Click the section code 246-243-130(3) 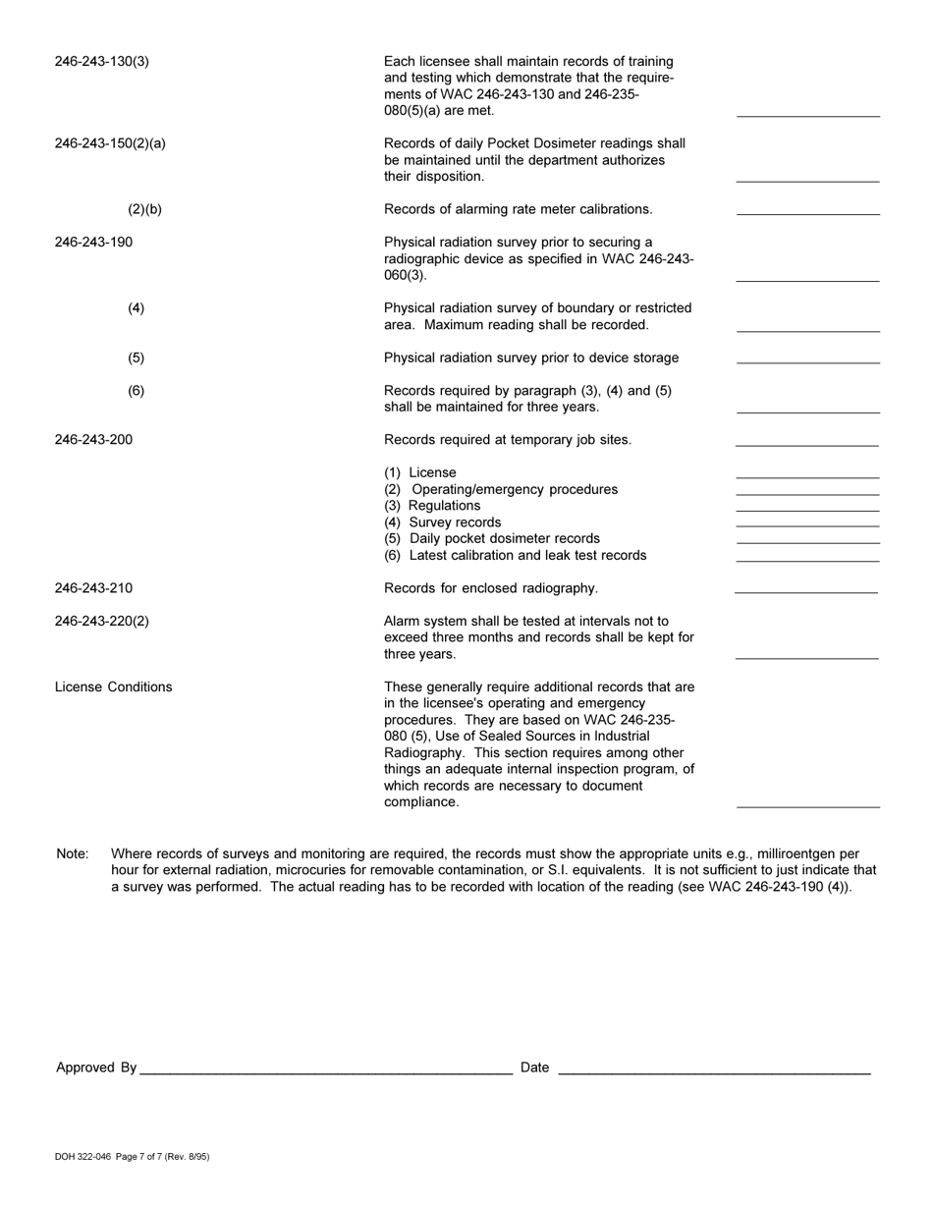pyautogui.click(x=102, y=62)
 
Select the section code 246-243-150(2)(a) pyautogui.click(x=110, y=143)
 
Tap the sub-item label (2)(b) pyautogui.click(x=144, y=209)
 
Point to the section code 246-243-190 pyautogui.click(x=93, y=242)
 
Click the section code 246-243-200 pyautogui.click(x=93, y=440)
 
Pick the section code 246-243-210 pyautogui.click(x=93, y=588)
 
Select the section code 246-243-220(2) pyautogui.click(x=102, y=621)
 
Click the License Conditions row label pyautogui.click(x=113, y=686)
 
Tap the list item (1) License pyautogui.click(x=420, y=472)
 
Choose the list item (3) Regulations pyautogui.click(x=432, y=506)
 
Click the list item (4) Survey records pyautogui.click(x=442, y=522)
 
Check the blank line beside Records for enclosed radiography pyautogui.click(x=806, y=592)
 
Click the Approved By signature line pyautogui.click(x=326, y=1073)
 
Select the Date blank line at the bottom pyautogui.click(x=714, y=1073)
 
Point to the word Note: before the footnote pyautogui.click(x=73, y=853)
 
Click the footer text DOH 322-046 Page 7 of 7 pyautogui.click(x=132, y=1157)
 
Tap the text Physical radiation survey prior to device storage pyautogui.click(x=530, y=357)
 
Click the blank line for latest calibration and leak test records pyautogui.click(x=807, y=560)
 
